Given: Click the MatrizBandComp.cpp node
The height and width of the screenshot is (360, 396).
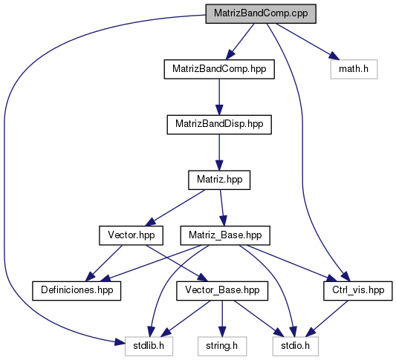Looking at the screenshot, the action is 261,13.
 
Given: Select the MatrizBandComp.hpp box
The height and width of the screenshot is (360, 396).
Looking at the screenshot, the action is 219,69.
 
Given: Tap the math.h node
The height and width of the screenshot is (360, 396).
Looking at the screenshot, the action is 354,69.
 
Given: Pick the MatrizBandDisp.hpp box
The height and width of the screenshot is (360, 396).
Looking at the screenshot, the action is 219,125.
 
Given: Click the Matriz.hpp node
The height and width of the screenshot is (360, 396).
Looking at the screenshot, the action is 219,180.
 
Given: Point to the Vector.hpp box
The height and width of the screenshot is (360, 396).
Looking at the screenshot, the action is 131,235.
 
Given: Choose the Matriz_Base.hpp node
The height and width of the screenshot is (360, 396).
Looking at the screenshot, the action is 225,235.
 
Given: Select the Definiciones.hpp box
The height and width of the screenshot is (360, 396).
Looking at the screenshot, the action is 77,291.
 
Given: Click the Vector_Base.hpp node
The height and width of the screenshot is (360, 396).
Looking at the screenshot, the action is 222,291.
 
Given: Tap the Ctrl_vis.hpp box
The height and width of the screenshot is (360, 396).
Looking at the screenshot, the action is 358,291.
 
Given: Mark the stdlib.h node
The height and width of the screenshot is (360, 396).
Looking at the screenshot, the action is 149,346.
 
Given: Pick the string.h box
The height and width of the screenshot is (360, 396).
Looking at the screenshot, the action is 222,346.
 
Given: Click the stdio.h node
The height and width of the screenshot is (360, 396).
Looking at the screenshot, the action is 295,346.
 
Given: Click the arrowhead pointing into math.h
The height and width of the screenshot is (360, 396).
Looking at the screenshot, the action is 333,56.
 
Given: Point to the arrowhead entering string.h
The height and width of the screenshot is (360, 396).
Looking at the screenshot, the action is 222,332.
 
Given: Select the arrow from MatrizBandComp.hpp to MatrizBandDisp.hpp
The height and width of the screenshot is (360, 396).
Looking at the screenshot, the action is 219,97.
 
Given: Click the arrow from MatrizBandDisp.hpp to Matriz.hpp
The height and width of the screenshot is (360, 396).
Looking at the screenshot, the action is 219,152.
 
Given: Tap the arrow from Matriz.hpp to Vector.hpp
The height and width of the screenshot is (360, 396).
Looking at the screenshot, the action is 175,208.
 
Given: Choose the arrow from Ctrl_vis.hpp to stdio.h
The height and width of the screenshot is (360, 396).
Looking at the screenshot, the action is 327,318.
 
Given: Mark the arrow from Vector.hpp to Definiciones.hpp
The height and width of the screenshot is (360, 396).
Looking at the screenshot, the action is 104,264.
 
